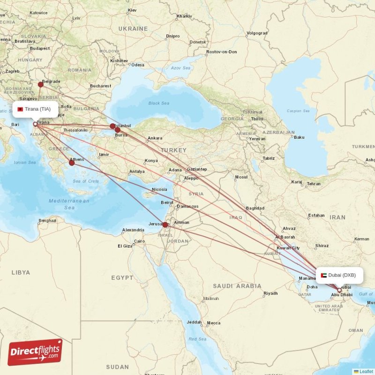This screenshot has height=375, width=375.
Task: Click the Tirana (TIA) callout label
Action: pyautogui.click(x=36, y=109)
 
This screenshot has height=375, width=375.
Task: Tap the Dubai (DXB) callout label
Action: pyautogui.click(x=339, y=275)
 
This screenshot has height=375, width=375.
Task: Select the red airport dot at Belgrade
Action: pyautogui.click(x=41, y=84)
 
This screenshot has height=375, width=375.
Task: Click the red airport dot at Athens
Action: pyautogui.click(x=72, y=163)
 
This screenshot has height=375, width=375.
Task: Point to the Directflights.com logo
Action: pyautogui.click(x=35, y=352)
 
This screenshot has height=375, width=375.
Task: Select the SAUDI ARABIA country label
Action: pyautogui.click(x=237, y=285)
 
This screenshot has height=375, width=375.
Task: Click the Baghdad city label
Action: pyautogui.click(x=255, y=208)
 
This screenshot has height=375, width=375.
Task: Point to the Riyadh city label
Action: pyautogui.click(x=270, y=293)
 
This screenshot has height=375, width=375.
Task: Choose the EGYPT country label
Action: pyautogui.click(x=122, y=277)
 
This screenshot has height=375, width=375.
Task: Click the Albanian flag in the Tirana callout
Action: pyautogui.click(x=20, y=109)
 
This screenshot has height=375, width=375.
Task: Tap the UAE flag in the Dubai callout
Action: pyautogui.click(x=323, y=275)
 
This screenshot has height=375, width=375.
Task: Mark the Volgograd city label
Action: pyautogui.click(x=257, y=33)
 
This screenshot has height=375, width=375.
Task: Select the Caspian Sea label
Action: pyautogui.click(x=299, y=111)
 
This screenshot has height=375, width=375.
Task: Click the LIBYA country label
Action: pyautogui.click(x=21, y=272)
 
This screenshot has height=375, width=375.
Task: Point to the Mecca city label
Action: pyautogui.click(x=214, y=322)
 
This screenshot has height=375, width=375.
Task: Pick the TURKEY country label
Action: pyautogui.click(x=173, y=150)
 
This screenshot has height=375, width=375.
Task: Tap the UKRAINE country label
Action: pyautogui.click(x=133, y=29)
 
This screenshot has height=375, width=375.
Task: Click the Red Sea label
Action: pyautogui.click(x=197, y=338)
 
